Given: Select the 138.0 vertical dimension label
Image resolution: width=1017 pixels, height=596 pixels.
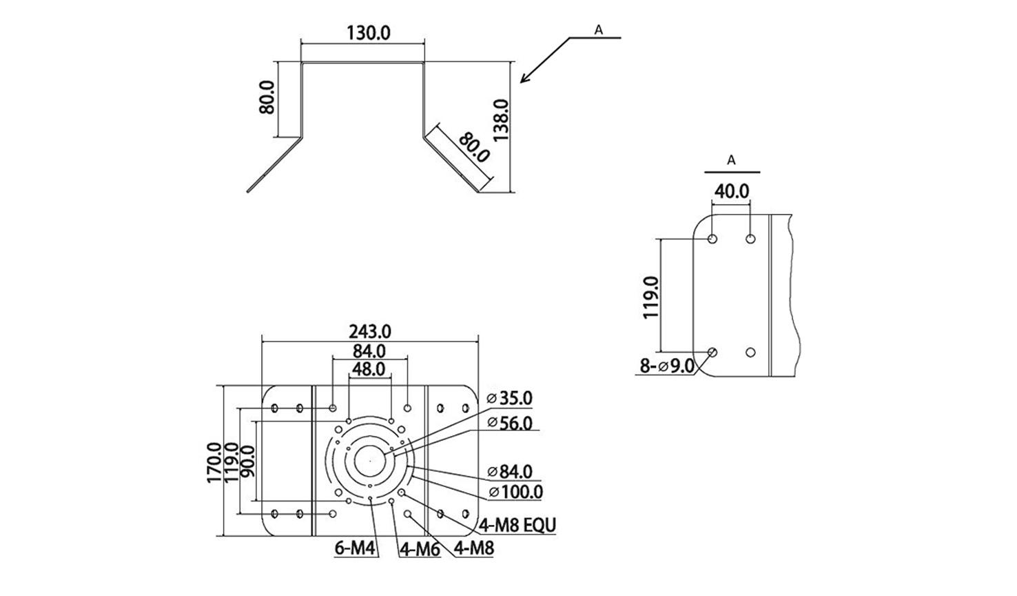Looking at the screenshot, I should coord(500,120).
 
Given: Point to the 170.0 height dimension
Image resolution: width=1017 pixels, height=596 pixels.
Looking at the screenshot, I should coord(215,463).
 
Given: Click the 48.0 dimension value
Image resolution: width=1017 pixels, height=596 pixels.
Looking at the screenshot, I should coord(369,369).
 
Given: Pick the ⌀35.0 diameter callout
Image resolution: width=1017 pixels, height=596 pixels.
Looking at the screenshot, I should coord(509,398).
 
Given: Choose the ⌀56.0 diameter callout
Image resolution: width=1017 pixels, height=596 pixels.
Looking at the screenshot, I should coord(509,423).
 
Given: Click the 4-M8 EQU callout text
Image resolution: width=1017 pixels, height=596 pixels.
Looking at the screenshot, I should coord(517,525).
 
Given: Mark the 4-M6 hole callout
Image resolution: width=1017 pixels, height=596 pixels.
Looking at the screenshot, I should coord(420,550).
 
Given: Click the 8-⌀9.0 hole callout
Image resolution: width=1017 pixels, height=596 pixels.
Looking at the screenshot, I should coord(666,366).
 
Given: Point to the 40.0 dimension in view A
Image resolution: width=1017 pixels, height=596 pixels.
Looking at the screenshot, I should coord(731,191).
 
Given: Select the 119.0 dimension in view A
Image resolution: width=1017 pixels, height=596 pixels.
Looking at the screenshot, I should coord(650,297).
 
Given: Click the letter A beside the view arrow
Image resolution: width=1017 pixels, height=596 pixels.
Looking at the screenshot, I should coord(598,30).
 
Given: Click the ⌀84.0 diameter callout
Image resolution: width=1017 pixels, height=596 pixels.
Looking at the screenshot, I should coord(509,472).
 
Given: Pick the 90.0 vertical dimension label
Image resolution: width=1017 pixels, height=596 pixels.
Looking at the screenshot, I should coord(247,462).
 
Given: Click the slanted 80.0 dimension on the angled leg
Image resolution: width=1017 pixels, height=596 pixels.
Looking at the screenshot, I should coord(473,148).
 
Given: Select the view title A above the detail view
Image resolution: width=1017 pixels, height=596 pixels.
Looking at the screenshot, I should coord(732,160).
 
